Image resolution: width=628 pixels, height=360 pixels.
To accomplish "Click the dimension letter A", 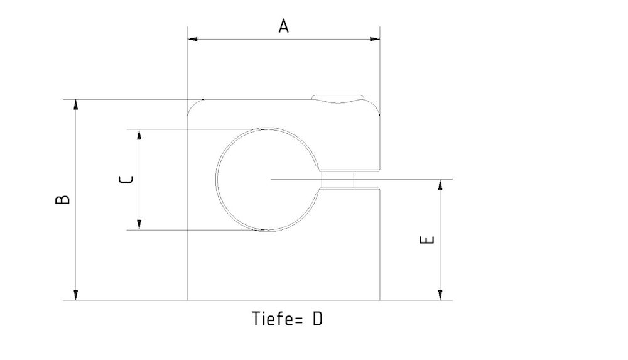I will click(x=284, y=26).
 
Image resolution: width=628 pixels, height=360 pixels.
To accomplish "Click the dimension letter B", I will click(x=62, y=200).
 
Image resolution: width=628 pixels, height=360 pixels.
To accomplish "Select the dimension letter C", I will click(x=126, y=180).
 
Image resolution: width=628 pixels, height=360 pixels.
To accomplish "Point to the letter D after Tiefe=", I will click(x=317, y=319).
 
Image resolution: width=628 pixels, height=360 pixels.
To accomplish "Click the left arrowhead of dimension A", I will click(x=193, y=39).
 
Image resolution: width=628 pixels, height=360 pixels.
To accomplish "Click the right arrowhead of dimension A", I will click(x=375, y=39).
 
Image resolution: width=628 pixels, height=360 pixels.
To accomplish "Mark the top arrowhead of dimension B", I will click(x=76, y=104).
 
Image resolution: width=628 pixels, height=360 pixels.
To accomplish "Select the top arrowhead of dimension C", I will click(x=139, y=134).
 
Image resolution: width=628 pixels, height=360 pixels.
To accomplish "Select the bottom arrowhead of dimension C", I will click(x=139, y=225).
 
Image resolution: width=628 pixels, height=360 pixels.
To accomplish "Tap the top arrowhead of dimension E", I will click(x=440, y=185).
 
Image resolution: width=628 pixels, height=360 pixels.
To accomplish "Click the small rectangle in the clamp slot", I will click(x=338, y=180).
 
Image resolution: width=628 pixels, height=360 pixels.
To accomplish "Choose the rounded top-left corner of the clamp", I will click(x=194, y=106).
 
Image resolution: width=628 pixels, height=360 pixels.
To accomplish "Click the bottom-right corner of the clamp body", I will click(x=379, y=300).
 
